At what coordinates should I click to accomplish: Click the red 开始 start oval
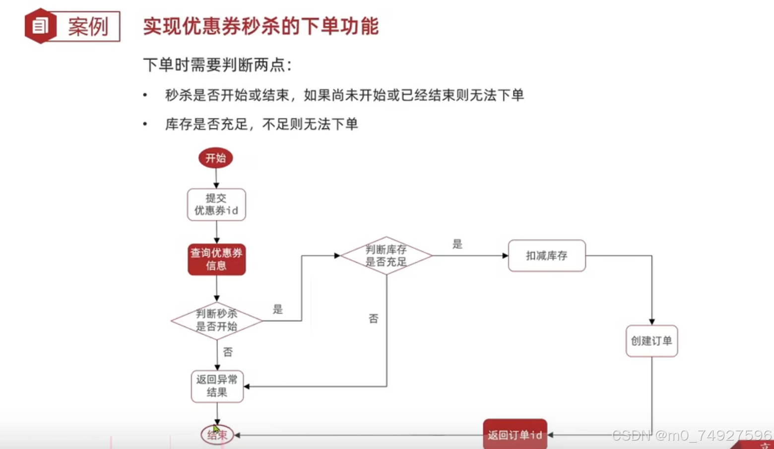pyautogui.click(x=215, y=158)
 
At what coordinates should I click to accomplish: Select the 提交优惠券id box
pyautogui.click(x=216, y=204)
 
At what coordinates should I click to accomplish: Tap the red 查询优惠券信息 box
pyautogui.click(x=216, y=259)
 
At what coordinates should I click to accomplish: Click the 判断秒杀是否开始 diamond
pyautogui.click(x=216, y=320)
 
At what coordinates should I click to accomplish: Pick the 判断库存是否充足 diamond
pyautogui.click(x=386, y=256)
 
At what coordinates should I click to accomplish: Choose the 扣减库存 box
pyautogui.click(x=547, y=256)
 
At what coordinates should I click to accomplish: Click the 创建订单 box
pyautogui.click(x=651, y=341)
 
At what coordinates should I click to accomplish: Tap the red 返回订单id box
pyautogui.click(x=515, y=434)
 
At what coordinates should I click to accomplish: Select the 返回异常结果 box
pyautogui.click(x=217, y=386)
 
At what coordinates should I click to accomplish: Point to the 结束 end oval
pyautogui.click(x=217, y=435)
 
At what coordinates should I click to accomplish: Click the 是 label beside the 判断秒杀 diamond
pyautogui.click(x=278, y=310)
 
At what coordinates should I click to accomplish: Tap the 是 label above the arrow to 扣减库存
pyautogui.click(x=457, y=244)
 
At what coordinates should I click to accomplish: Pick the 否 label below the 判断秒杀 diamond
pyautogui.click(x=228, y=352)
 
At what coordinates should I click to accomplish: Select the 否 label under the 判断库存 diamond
pyautogui.click(x=374, y=319)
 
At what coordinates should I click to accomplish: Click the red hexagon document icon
pyautogui.click(x=40, y=26)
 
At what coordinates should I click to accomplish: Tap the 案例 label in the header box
pyautogui.click(x=88, y=26)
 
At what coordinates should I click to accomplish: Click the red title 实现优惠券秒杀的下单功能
pyautogui.click(x=261, y=26)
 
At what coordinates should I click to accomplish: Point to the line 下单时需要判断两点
pyautogui.click(x=217, y=65)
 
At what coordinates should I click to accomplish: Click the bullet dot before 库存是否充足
pyautogui.click(x=145, y=124)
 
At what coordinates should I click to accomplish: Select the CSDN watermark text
pyautogui.click(x=692, y=436)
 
